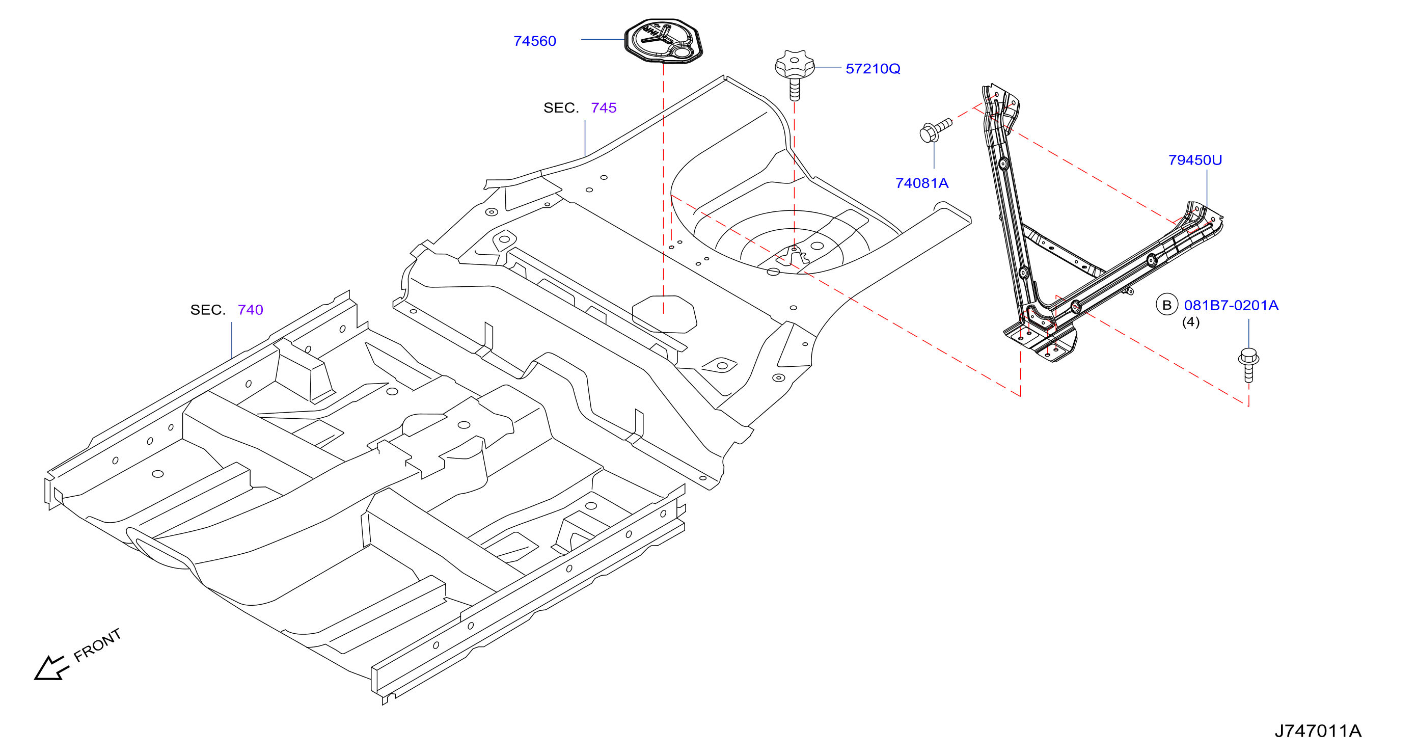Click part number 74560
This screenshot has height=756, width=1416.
click(x=534, y=41)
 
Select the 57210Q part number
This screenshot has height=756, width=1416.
click(x=873, y=69)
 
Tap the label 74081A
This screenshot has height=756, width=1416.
click(x=922, y=183)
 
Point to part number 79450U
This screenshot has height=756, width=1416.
click(x=1195, y=160)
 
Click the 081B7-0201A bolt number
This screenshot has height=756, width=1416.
click(x=1231, y=305)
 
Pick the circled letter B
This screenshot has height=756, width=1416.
click(x=1167, y=305)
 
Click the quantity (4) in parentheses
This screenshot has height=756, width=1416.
click(x=1191, y=321)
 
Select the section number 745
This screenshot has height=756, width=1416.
click(x=604, y=108)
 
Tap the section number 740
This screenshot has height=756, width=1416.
click(x=250, y=310)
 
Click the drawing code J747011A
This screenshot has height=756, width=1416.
click(x=1318, y=731)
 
